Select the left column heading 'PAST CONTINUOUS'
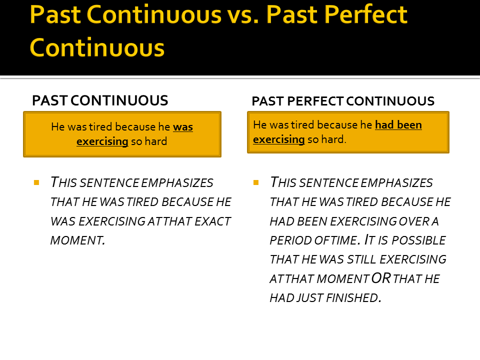click(x=100, y=100)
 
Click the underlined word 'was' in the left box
click(x=183, y=127)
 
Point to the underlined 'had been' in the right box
click(x=398, y=125)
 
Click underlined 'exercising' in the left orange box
click(x=102, y=141)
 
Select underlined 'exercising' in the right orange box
click(x=279, y=139)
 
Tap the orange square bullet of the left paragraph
click(x=36, y=182)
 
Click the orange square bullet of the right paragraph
click(x=256, y=182)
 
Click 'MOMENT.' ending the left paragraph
click(x=78, y=240)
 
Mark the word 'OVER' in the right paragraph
click(x=418, y=221)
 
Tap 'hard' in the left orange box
click(x=156, y=141)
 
